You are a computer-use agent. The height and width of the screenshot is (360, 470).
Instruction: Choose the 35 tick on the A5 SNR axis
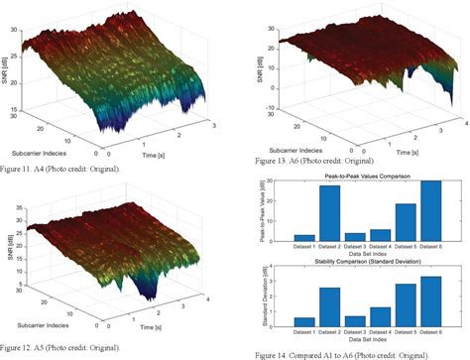point(25,201)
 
